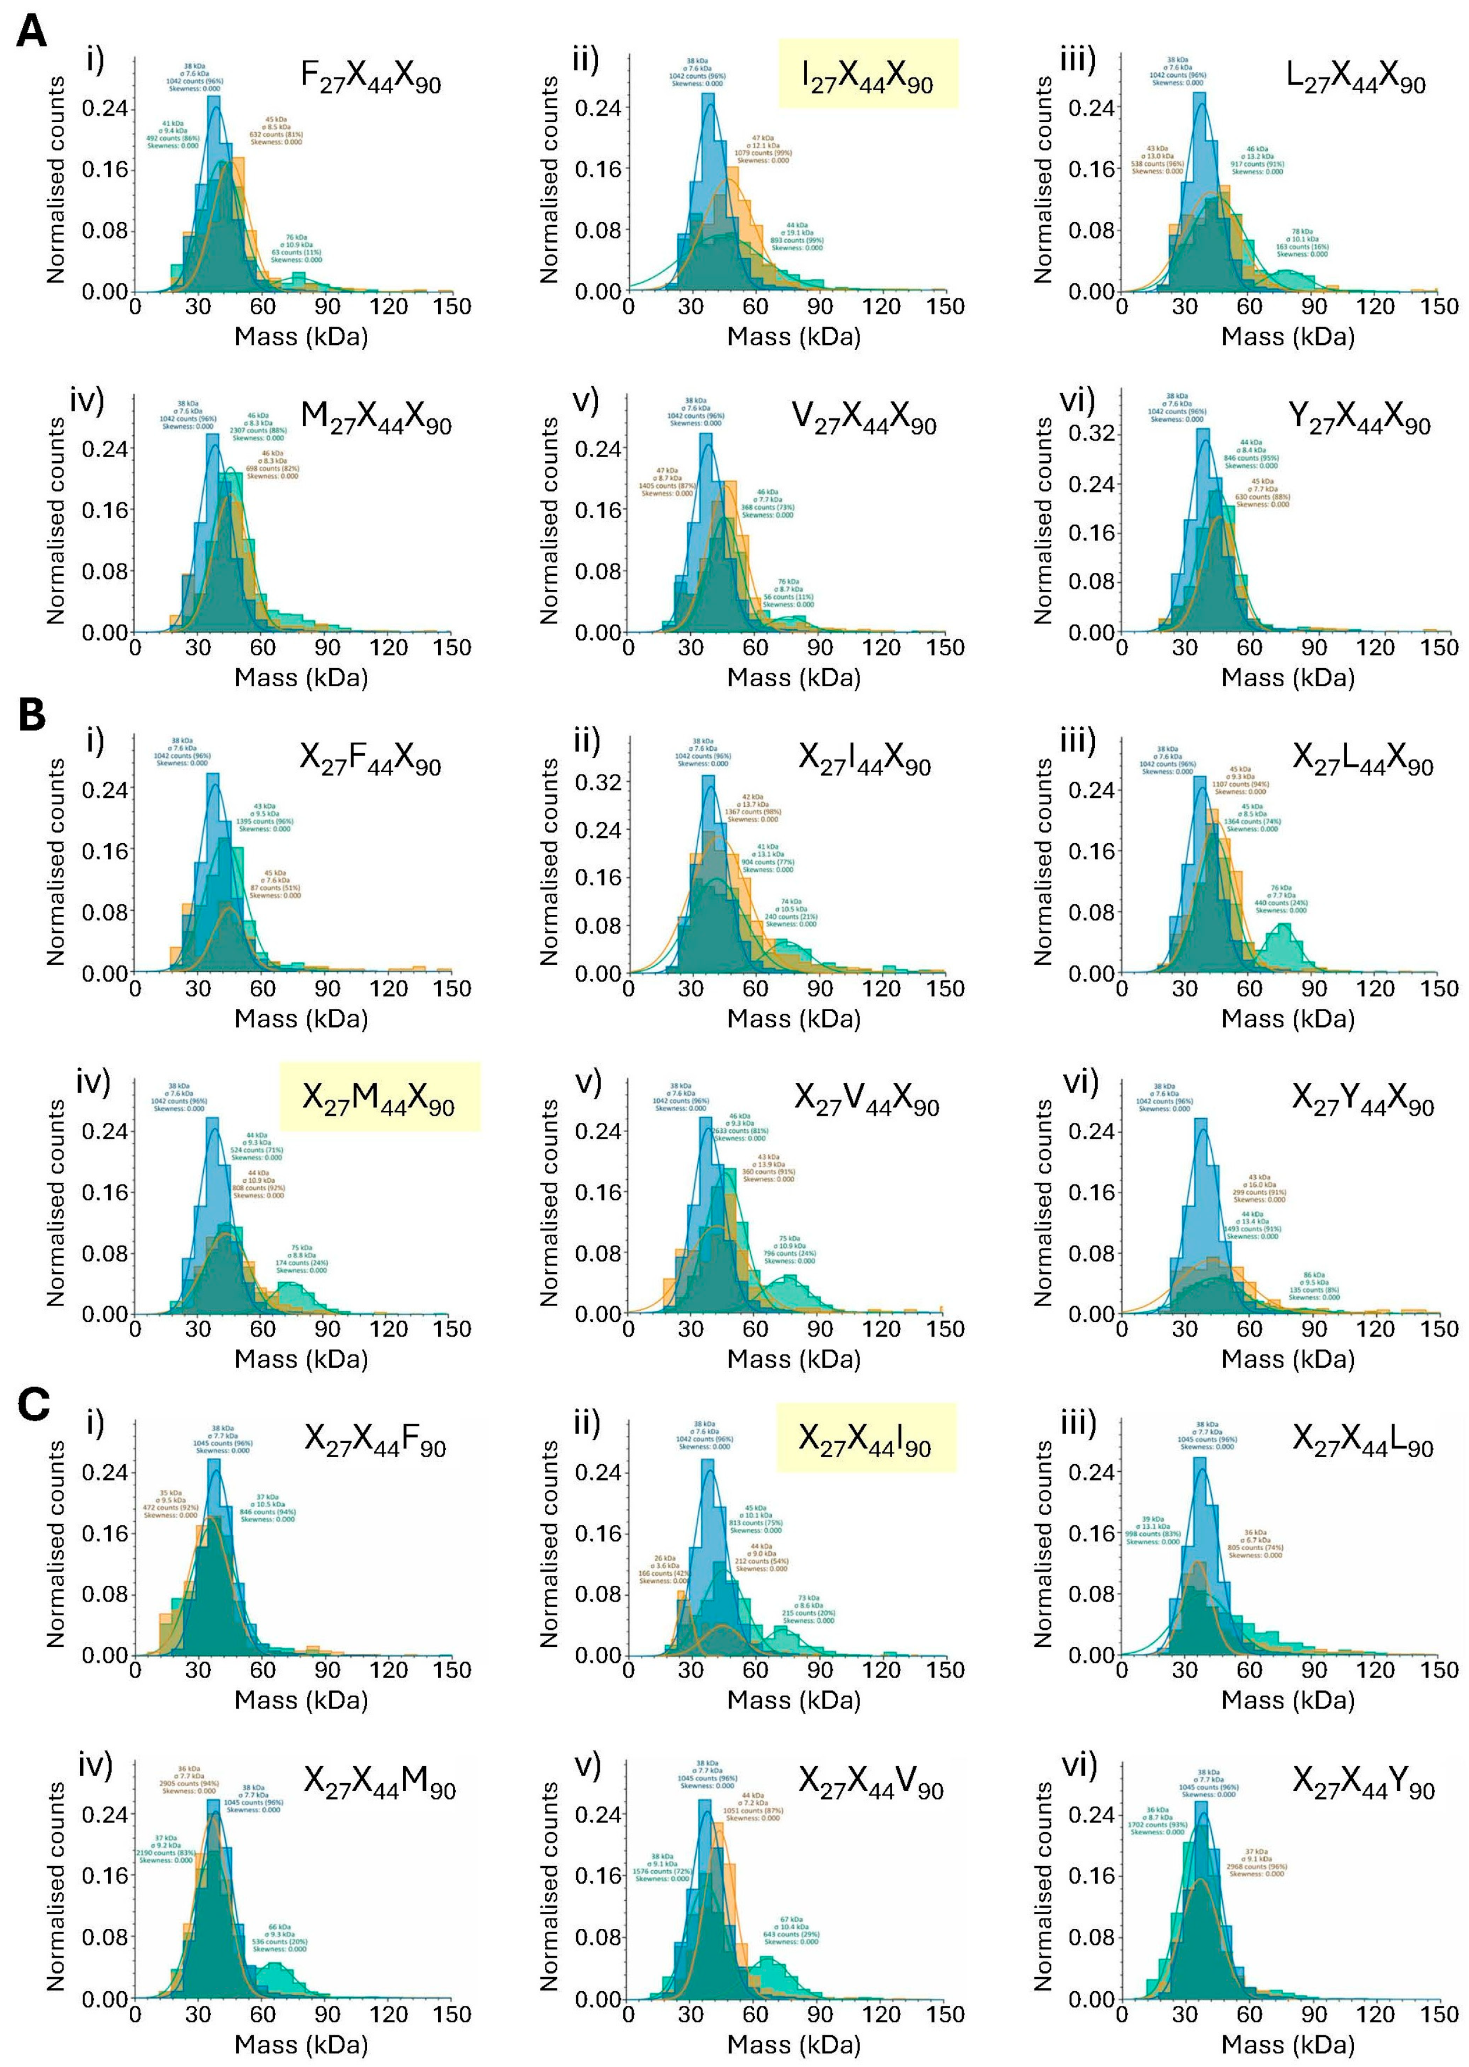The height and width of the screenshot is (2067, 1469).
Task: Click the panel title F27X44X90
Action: [x=371, y=78]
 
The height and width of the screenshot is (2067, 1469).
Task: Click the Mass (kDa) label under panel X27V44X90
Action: [x=794, y=1358]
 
